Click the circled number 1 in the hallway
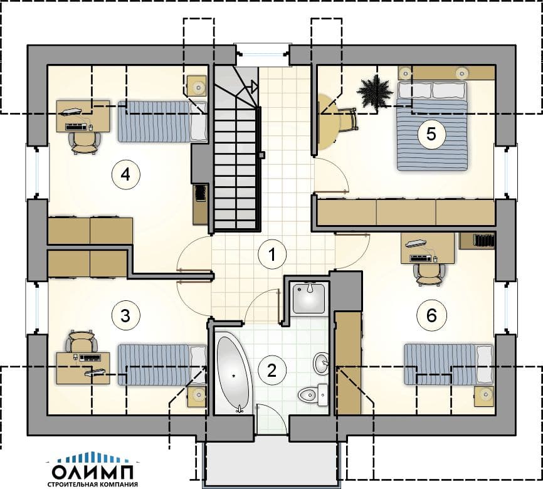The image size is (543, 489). click(272, 255)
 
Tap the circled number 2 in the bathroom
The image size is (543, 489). click(272, 371)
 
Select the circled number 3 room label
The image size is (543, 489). click(125, 315)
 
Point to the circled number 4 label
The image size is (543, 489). click(125, 174)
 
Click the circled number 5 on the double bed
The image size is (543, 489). click(431, 134)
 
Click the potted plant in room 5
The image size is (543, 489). click(375, 92)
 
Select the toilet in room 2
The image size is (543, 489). click(313, 395)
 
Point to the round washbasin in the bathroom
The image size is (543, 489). click(322, 363)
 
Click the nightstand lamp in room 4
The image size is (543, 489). click(198, 87)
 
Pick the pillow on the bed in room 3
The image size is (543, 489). click(198, 364)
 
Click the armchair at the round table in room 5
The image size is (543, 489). click(348, 120)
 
